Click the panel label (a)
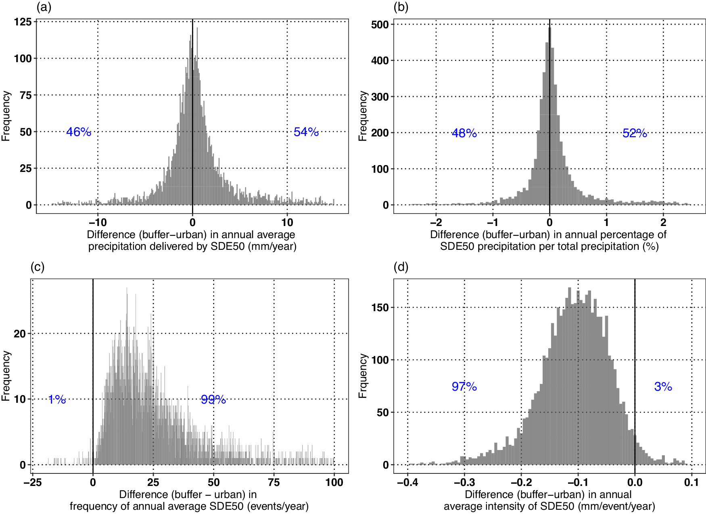tap(44, 7)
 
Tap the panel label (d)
tap(401, 267)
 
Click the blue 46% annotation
tap(79, 132)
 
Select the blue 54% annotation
tap(306, 132)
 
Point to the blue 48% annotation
tap(464, 133)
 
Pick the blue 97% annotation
tap(464, 387)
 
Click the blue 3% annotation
tap(663, 387)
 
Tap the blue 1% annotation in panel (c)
tap(57, 400)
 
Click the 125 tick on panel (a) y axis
tap(23, 22)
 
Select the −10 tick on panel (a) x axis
tap(98, 222)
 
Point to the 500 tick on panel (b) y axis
tap(380, 25)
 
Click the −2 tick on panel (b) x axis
tap(436, 222)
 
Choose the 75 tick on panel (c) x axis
tap(274, 482)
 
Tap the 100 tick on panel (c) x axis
tap(334, 482)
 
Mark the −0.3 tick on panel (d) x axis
tap(464, 482)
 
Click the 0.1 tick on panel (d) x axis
tap(691, 482)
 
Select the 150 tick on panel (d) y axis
tap(380, 308)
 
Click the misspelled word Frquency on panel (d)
tap(363, 376)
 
